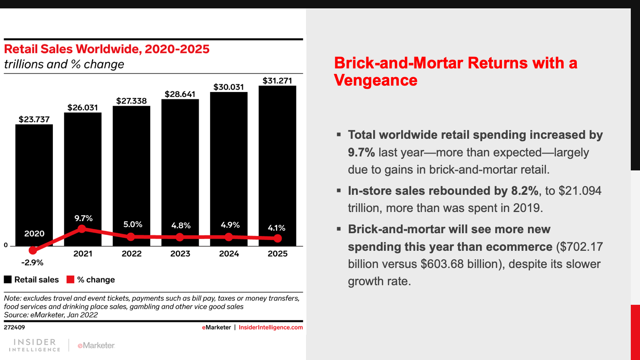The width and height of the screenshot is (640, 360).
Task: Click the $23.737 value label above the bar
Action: (x=34, y=119)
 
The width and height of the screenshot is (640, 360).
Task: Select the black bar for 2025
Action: (x=277, y=160)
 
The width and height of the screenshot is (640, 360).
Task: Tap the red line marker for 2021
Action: (x=82, y=229)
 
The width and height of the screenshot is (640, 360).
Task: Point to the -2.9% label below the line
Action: (x=32, y=262)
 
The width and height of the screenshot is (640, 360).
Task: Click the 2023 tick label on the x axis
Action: (x=180, y=254)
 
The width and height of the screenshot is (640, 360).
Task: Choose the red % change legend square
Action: (x=70, y=280)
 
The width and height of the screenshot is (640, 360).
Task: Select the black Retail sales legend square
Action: (x=8, y=280)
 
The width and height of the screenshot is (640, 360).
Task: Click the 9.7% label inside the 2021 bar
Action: (x=83, y=218)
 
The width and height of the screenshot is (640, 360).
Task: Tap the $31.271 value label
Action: (x=277, y=81)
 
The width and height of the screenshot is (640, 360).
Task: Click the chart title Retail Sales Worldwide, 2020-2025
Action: (x=107, y=49)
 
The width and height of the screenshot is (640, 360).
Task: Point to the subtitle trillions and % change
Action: (x=64, y=64)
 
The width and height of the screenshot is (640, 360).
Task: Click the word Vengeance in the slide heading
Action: (x=376, y=80)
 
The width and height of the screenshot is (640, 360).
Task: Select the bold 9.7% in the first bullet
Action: (x=361, y=152)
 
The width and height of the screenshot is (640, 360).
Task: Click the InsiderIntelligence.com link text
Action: (x=270, y=327)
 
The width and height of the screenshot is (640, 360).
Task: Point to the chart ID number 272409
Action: (x=14, y=327)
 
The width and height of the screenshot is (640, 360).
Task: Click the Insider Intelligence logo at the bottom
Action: (x=35, y=345)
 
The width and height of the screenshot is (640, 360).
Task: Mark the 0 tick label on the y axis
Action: (x=6, y=245)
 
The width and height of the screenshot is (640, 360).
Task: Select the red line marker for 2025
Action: (x=278, y=238)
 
